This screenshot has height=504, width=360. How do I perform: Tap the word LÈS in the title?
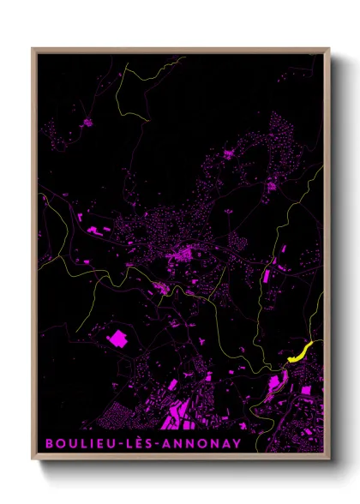tap(131, 443)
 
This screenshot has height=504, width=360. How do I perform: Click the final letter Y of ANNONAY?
tap(237, 443)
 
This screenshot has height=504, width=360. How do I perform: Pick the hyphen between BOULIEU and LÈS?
tap(111, 444)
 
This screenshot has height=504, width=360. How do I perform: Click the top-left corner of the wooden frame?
tap(33, 48)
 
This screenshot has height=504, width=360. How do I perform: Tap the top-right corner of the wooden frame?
tap(330, 48)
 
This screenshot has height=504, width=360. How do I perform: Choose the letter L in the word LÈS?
tap(120, 443)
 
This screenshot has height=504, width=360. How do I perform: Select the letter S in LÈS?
tap(141, 443)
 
